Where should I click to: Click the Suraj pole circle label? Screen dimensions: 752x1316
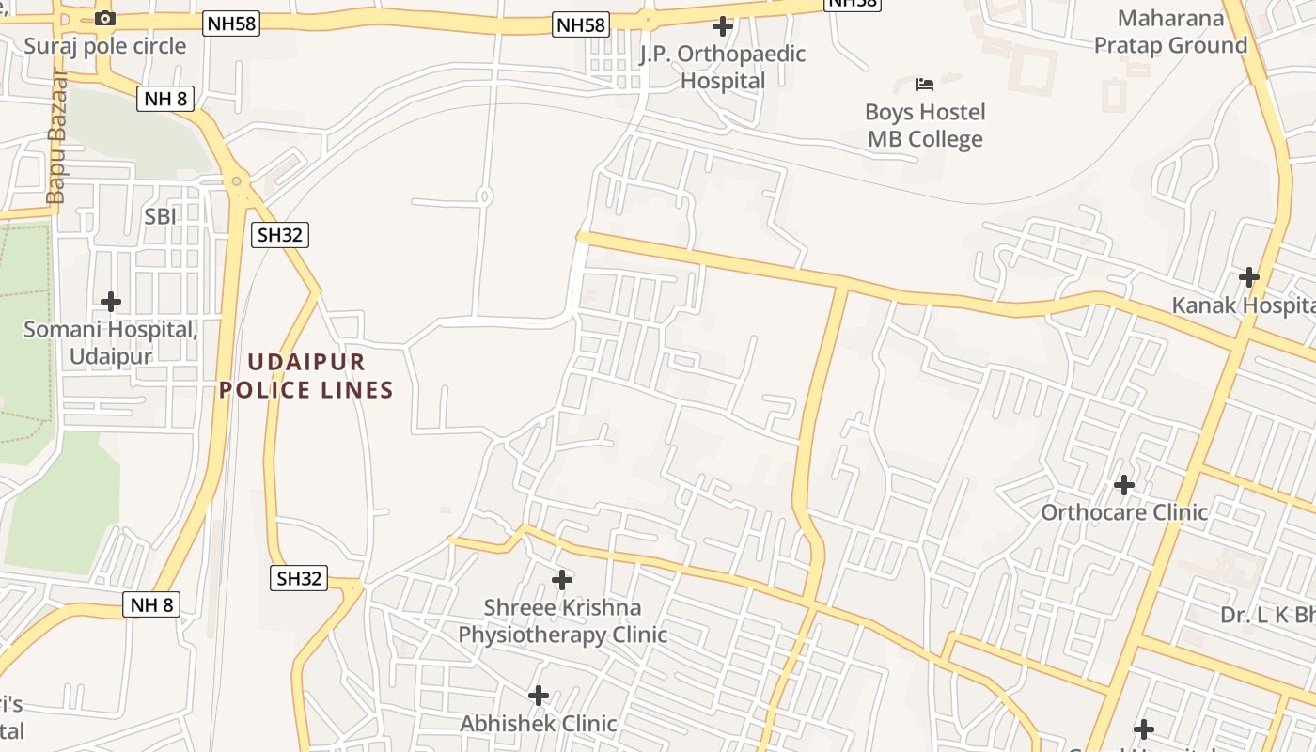104,46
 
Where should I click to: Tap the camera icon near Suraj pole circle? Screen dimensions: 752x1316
105,18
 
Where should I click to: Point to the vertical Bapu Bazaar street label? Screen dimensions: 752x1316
57,139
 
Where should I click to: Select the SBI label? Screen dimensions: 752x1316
161,216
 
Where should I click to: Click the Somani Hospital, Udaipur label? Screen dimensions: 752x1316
111,343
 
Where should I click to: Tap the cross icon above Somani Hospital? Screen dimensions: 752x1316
111,302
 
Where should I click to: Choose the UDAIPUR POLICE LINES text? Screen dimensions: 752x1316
306,375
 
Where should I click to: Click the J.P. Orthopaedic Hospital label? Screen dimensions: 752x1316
723,67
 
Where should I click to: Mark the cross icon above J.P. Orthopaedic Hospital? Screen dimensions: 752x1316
723,25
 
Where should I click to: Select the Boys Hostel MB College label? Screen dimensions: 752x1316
925,125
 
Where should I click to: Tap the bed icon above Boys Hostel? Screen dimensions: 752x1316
925,85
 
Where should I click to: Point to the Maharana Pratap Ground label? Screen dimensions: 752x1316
1170,31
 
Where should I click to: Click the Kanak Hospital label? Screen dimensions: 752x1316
1243,305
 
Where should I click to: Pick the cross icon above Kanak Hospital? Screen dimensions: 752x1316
1249,277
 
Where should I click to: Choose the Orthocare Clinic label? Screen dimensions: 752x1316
1124,512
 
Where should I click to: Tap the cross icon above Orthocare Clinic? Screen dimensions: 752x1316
1124,485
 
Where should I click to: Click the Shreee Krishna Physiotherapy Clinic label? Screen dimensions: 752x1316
562,620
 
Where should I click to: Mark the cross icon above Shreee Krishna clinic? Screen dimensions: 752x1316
562,580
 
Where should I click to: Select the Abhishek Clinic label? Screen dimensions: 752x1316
539,723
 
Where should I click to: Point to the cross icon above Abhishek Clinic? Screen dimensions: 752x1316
539,696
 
